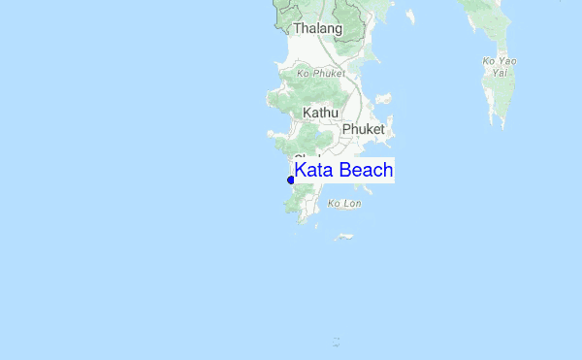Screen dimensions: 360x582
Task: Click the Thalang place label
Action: pyautogui.click(x=317, y=29)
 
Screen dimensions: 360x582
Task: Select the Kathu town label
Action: pyautogui.click(x=320, y=113)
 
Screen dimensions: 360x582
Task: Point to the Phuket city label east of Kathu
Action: pyautogui.click(x=364, y=129)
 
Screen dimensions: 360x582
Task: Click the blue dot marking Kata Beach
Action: pyautogui.click(x=291, y=180)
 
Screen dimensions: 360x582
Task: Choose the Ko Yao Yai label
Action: pyautogui.click(x=500, y=67)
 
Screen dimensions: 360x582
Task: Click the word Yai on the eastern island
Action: pyautogui.click(x=500, y=72)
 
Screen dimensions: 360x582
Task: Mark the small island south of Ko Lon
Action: pyautogui.click(x=344, y=237)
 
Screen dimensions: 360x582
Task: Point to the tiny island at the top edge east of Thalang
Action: pyautogui.click(x=410, y=16)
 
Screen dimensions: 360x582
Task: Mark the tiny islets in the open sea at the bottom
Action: pyautogui.click(x=336, y=341)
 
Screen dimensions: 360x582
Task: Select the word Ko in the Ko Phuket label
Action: pyautogui.click(x=303, y=73)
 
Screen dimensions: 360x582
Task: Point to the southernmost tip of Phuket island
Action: pyautogui.click(x=302, y=222)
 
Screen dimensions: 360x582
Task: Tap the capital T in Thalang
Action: pyautogui.click(x=297, y=29)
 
